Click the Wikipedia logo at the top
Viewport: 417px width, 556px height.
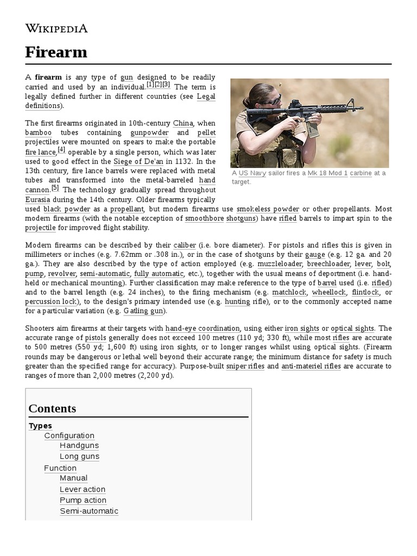click(56, 29)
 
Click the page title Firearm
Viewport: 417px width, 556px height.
click(56, 52)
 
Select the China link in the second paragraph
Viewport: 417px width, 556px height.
click(183, 123)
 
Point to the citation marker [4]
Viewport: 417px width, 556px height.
click(61, 150)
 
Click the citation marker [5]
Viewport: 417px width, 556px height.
click(55, 188)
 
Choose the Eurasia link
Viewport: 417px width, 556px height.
click(39, 199)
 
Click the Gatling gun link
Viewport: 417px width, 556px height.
click(145, 311)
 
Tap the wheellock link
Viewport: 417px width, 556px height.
click(328, 292)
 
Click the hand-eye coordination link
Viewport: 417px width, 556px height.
click(203, 328)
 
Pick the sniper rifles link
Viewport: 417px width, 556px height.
click(245, 367)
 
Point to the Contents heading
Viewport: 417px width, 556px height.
click(52, 408)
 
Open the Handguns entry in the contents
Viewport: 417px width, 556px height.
click(79, 446)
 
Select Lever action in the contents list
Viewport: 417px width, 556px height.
click(83, 489)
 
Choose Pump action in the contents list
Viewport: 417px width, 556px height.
click(83, 500)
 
